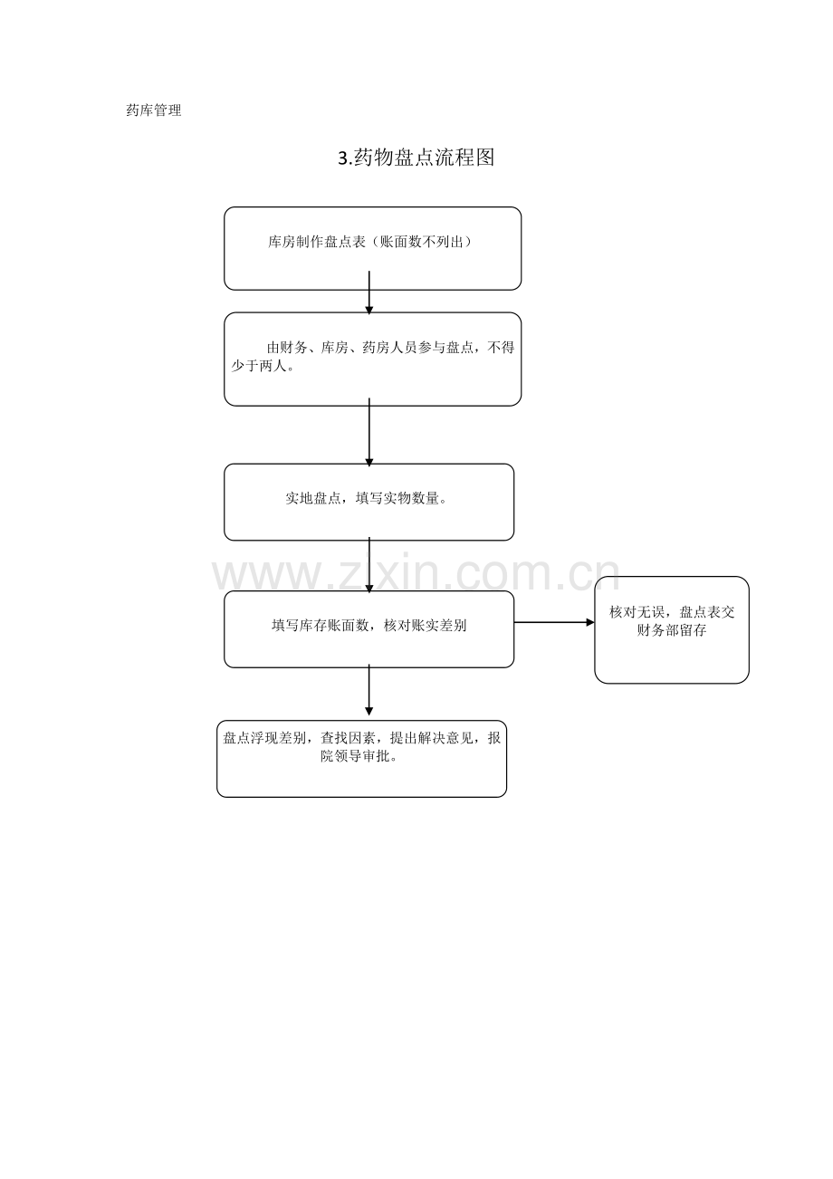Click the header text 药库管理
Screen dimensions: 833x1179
pyautogui.click(x=154, y=110)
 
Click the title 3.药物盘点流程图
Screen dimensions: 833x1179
pyautogui.click(x=416, y=158)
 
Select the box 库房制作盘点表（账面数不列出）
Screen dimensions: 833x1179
pyautogui.click(x=372, y=248)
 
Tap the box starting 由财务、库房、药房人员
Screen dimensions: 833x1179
pyautogui.click(x=372, y=359)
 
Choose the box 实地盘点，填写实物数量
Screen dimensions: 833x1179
pyautogui.click(x=369, y=503)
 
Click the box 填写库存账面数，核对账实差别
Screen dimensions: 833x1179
pyautogui.click(x=369, y=629)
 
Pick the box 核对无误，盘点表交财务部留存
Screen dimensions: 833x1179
pyautogui.click(x=672, y=630)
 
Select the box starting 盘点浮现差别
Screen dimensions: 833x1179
pyautogui.click(x=361, y=759)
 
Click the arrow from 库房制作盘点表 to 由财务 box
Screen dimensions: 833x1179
pyautogui.click(x=369, y=292)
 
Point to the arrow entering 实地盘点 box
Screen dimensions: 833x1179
pyautogui.click(x=369, y=433)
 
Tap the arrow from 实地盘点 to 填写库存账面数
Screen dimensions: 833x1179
pyautogui.click(x=369, y=565)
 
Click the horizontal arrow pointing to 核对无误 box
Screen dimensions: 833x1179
pyautogui.click(x=554, y=622)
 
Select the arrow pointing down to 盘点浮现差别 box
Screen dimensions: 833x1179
pyautogui.click(x=369, y=690)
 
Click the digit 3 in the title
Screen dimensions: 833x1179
pyautogui.click(x=343, y=158)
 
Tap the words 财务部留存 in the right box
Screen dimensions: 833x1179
pyautogui.click(x=672, y=630)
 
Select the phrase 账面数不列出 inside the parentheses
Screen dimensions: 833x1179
pyautogui.click(x=422, y=242)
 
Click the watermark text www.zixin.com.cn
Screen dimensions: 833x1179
pyautogui.click(x=416, y=573)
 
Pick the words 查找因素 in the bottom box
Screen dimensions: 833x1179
pyautogui.click(x=349, y=738)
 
